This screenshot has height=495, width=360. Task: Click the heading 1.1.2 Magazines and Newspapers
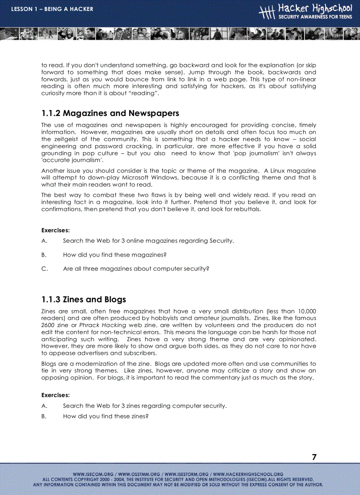[110, 113]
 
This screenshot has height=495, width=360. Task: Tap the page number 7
[314, 457]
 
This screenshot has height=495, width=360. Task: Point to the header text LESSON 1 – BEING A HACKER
[52, 9]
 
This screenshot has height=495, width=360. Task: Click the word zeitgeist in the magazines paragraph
[67, 139]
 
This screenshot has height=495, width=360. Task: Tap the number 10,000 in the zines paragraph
[302, 311]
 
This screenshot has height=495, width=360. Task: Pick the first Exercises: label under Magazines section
[56, 230]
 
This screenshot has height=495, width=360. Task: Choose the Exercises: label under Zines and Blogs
[56, 395]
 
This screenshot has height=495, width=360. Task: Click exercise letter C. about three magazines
[44, 269]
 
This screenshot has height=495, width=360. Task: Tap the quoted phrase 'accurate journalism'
[72, 160]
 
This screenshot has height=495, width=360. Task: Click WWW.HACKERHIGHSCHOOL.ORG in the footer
[248, 474]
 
